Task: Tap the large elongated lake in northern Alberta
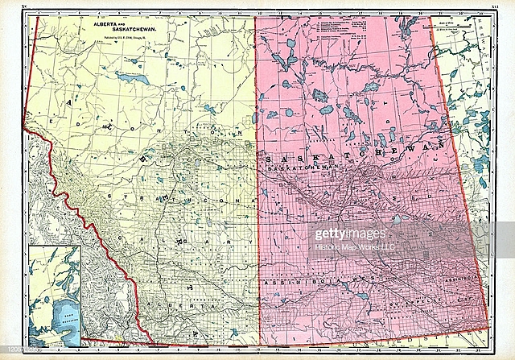131,79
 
